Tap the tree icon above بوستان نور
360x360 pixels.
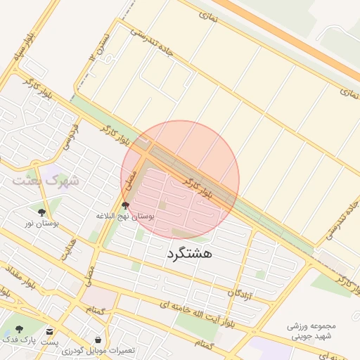tap(42, 211)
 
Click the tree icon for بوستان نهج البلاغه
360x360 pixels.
tap(126, 205)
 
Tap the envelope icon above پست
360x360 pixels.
tap(49, 331)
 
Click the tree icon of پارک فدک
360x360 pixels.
tap(19, 328)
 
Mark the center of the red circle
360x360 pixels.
tap(180, 180)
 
